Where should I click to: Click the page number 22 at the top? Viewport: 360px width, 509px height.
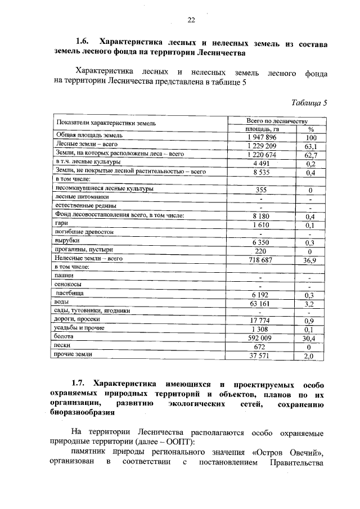coord(191,20)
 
